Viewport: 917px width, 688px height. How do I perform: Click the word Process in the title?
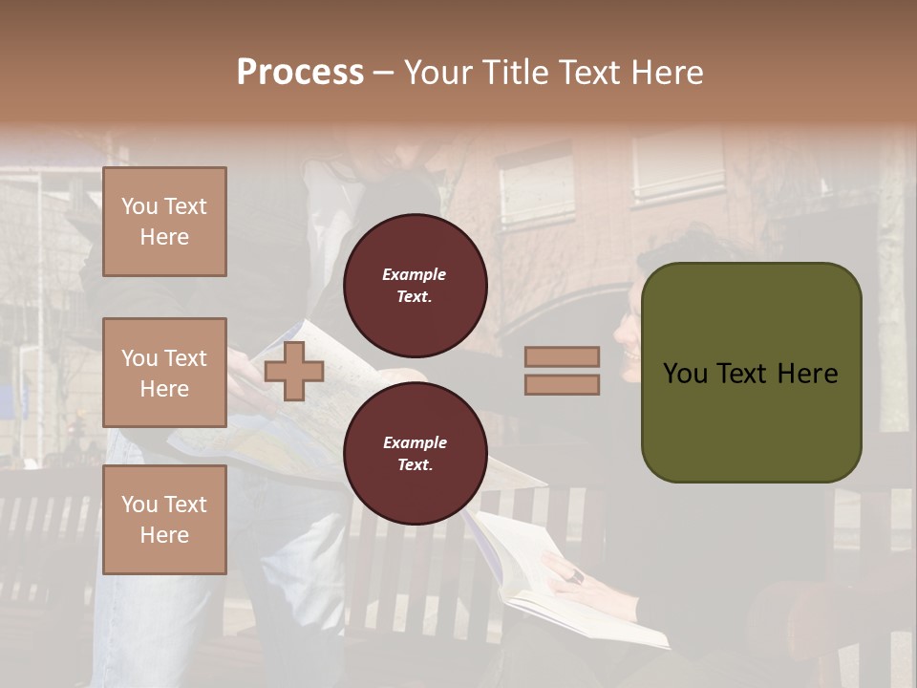(300, 72)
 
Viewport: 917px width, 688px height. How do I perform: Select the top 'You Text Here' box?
(164, 222)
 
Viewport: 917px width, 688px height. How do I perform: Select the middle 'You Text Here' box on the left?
(164, 373)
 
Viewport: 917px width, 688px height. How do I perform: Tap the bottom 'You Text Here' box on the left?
(164, 519)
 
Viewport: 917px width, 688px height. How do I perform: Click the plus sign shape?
(294, 371)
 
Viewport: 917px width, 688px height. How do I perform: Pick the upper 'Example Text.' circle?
(416, 285)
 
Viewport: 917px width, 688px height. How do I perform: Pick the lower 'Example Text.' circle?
(416, 453)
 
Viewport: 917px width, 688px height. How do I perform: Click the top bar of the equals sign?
(562, 356)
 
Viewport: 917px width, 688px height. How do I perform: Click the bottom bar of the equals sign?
(562, 384)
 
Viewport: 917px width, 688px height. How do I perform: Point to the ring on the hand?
(577, 575)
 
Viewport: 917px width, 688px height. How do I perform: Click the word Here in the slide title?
(668, 72)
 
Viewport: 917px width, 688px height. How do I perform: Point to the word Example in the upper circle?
(414, 274)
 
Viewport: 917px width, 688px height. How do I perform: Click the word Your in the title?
(439, 72)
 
